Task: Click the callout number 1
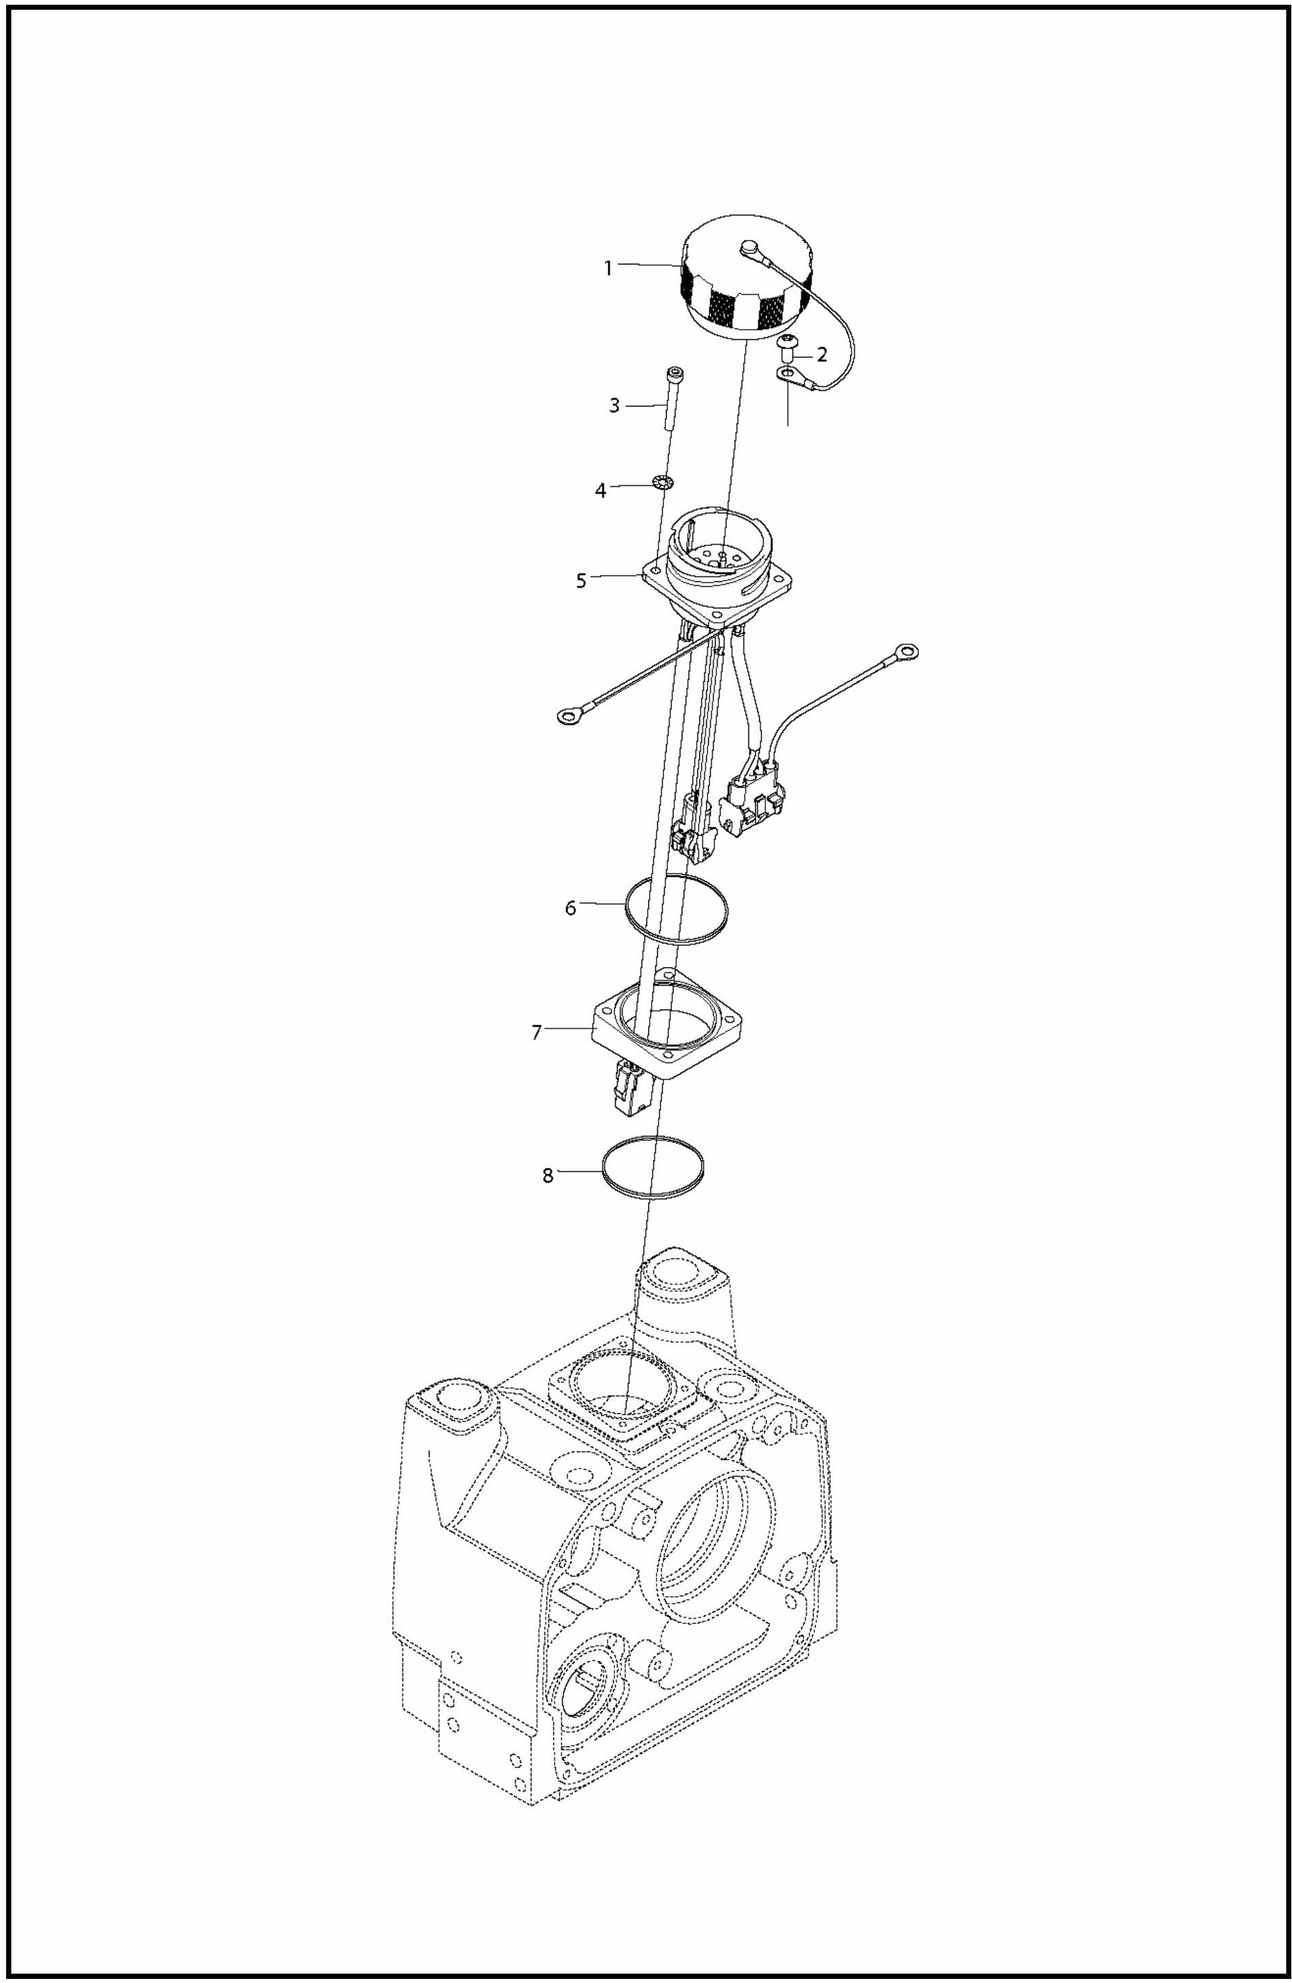608,269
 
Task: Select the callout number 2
822,355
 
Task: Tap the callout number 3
614,407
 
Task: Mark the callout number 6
571,908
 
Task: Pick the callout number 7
538,1033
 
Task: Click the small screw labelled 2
786,344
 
